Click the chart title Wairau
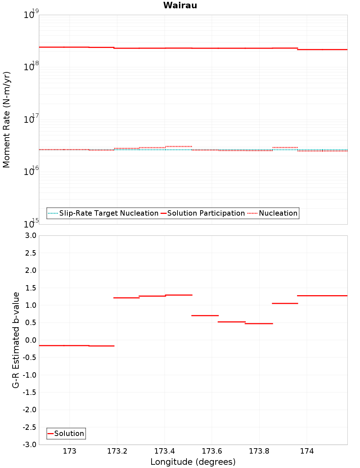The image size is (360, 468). pyautogui.click(x=180, y=5)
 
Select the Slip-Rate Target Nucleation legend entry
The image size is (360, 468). pyautogui.click(x=108, y=213)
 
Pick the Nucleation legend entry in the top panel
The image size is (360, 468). pyautogui.click(x=278, y=213)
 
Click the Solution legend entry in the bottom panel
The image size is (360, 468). pyautogui.click(x=69, y=433)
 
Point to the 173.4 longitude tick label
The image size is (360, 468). pyautogui.click(x=165, y=451)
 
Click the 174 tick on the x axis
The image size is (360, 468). pyautogui.click(x=307, y=451)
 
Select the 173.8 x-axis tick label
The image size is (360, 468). pyautogui.click(x=259, y=451)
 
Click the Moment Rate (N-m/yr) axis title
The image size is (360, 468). pyautogui.click(x=6, y=120)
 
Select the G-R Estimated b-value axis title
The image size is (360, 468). pyautogui.click(x=16, y=340)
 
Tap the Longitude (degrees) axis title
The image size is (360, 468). pyautogui.click(x=193, y=462)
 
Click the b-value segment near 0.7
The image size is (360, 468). pyautogui.click(x=205, y=315)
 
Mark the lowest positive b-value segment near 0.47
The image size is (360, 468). pyautogui.click(x=259, y=324)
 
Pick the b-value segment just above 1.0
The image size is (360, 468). pyautogui.click(x=285, y=303)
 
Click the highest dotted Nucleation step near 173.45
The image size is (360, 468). pyautogui.click(x=179, y=147)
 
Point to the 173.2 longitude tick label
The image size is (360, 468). pyautogui.click(x=117, y=451)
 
